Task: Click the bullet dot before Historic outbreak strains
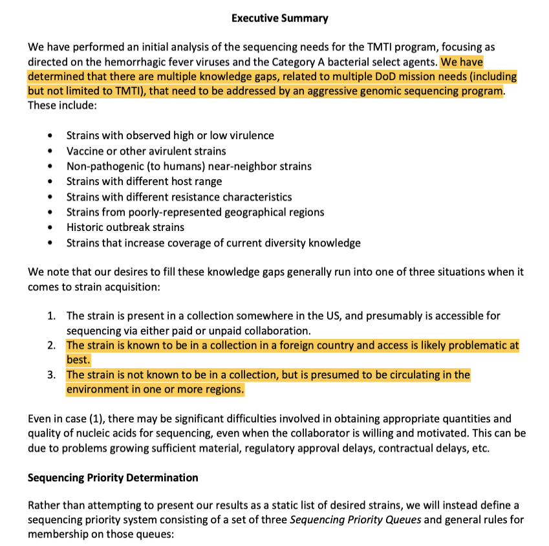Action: [51, 228]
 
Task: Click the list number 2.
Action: [51, 346]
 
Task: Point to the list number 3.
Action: [51, 375]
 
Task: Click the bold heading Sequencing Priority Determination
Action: [113, 478]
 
